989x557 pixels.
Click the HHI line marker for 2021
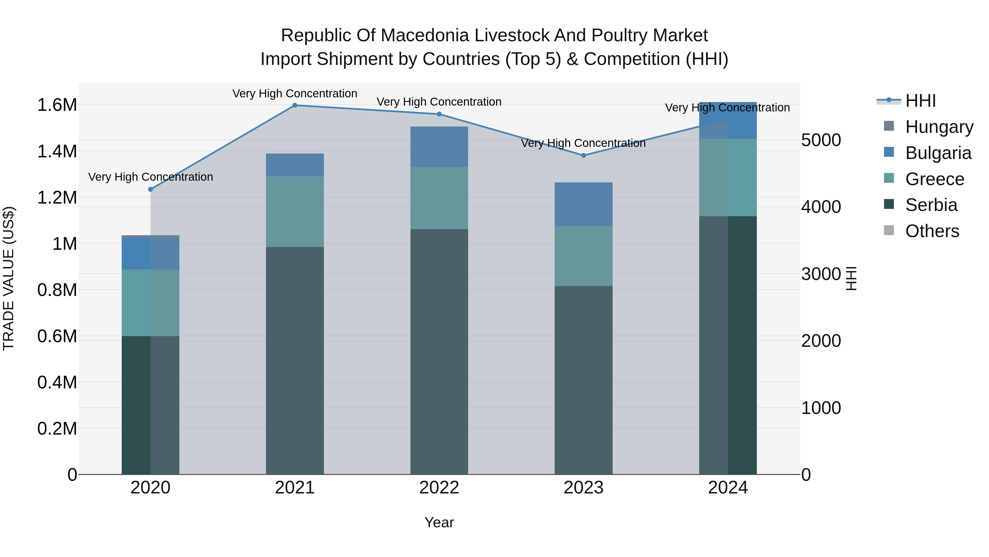pos(295,105)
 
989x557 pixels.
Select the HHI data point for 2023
pos(584,155)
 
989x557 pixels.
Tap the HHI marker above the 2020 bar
pos(151,189)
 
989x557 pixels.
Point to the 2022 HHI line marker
pos(439,114)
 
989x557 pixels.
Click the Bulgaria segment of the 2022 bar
pos(439,147)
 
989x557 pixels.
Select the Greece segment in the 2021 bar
pos(295,212)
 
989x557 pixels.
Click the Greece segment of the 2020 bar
pos(151,303)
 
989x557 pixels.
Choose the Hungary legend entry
pos(939,127)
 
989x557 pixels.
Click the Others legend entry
pos(932,231)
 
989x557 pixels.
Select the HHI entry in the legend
pos(920,101)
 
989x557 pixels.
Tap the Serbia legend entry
pos(931,205)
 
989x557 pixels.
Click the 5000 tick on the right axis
pos(821,140)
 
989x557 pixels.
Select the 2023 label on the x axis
pos(584,488)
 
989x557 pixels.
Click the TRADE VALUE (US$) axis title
pos(9,278)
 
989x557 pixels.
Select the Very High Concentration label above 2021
pos(295,94)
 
